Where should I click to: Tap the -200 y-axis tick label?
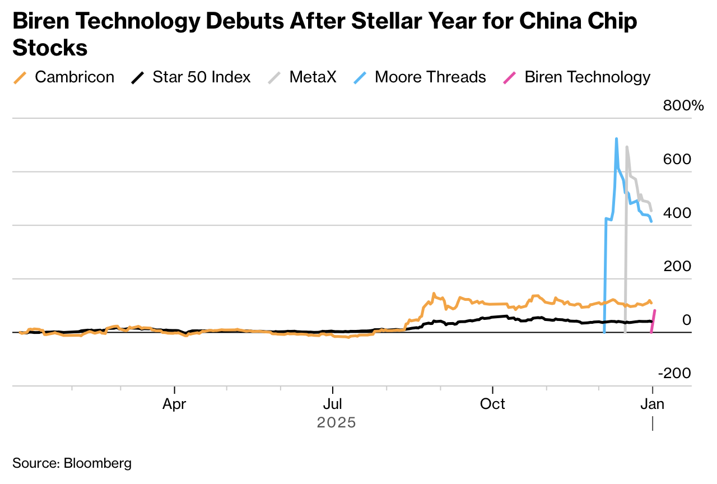pos(674,373)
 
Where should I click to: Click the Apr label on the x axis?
pos(175,404)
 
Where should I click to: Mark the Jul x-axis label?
pos(333,404)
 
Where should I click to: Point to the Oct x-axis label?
pos(492,404)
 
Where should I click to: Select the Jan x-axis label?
pos(652,404)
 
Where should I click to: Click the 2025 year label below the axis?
pos(336,422)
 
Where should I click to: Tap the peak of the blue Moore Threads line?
pos(616,138)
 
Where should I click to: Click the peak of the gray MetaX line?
pos(627,147)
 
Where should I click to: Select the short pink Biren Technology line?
pos(653,321)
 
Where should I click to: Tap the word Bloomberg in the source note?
pos(98,463)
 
